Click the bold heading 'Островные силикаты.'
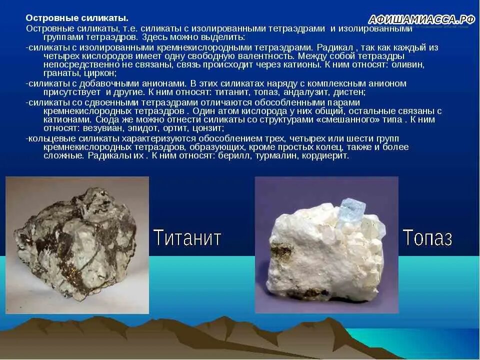click(x=80, y=18)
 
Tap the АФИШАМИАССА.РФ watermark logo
click(x=421, y=19)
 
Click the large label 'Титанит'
click(x=187, y=237)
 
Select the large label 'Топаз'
click(x=427, y=237)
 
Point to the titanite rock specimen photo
click(x=77, y=245)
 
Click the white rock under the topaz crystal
click(x=320, y=255)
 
